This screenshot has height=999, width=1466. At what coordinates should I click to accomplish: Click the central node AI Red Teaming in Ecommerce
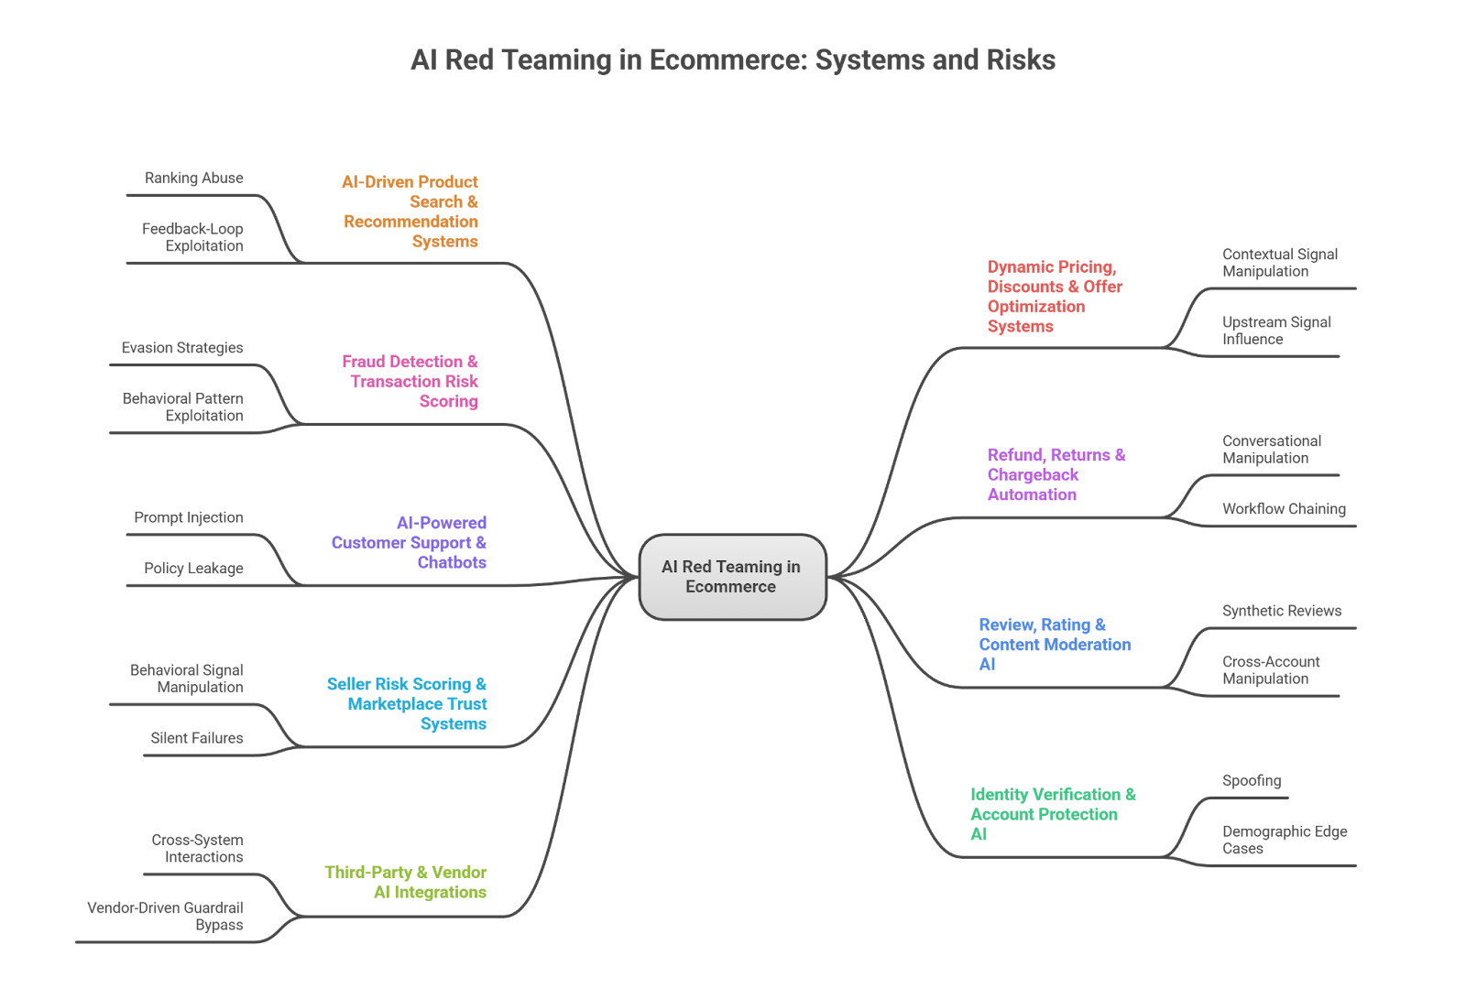point(731,577)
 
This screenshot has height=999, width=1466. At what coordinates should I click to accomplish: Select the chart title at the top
point(733,60)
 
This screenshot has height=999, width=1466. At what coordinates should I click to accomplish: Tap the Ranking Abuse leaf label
point(194,178)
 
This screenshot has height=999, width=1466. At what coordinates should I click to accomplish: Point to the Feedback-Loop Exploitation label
point(192,237)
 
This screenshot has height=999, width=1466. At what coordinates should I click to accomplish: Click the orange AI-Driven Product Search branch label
point(410,212)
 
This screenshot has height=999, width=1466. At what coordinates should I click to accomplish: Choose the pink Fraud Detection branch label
point(410,381)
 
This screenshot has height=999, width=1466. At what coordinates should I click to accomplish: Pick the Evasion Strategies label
point(182,348)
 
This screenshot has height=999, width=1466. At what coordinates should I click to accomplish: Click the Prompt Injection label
point(189,517)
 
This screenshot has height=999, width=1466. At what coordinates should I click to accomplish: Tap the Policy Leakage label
point(193,569)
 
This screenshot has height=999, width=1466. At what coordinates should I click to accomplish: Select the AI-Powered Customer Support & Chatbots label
point(410,542)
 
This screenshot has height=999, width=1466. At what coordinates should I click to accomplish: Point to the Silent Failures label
point(197,738)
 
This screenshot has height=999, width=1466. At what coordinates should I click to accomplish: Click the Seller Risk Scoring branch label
point(407,704)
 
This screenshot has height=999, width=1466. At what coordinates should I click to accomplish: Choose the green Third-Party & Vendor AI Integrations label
point(406,882)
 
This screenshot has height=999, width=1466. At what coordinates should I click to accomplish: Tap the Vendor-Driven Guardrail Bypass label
point(166,916)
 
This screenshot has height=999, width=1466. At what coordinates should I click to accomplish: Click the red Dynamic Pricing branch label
point(1055,297)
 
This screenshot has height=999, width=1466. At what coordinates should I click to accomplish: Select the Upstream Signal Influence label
point(1276,331)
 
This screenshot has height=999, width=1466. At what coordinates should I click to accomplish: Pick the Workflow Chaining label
point(1284,509)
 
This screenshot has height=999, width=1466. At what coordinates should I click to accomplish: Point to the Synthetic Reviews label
point(1282,611)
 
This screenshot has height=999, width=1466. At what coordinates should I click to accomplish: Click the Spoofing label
point(1252,781)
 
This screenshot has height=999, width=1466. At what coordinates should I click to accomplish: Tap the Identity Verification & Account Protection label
point(1053,814)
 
